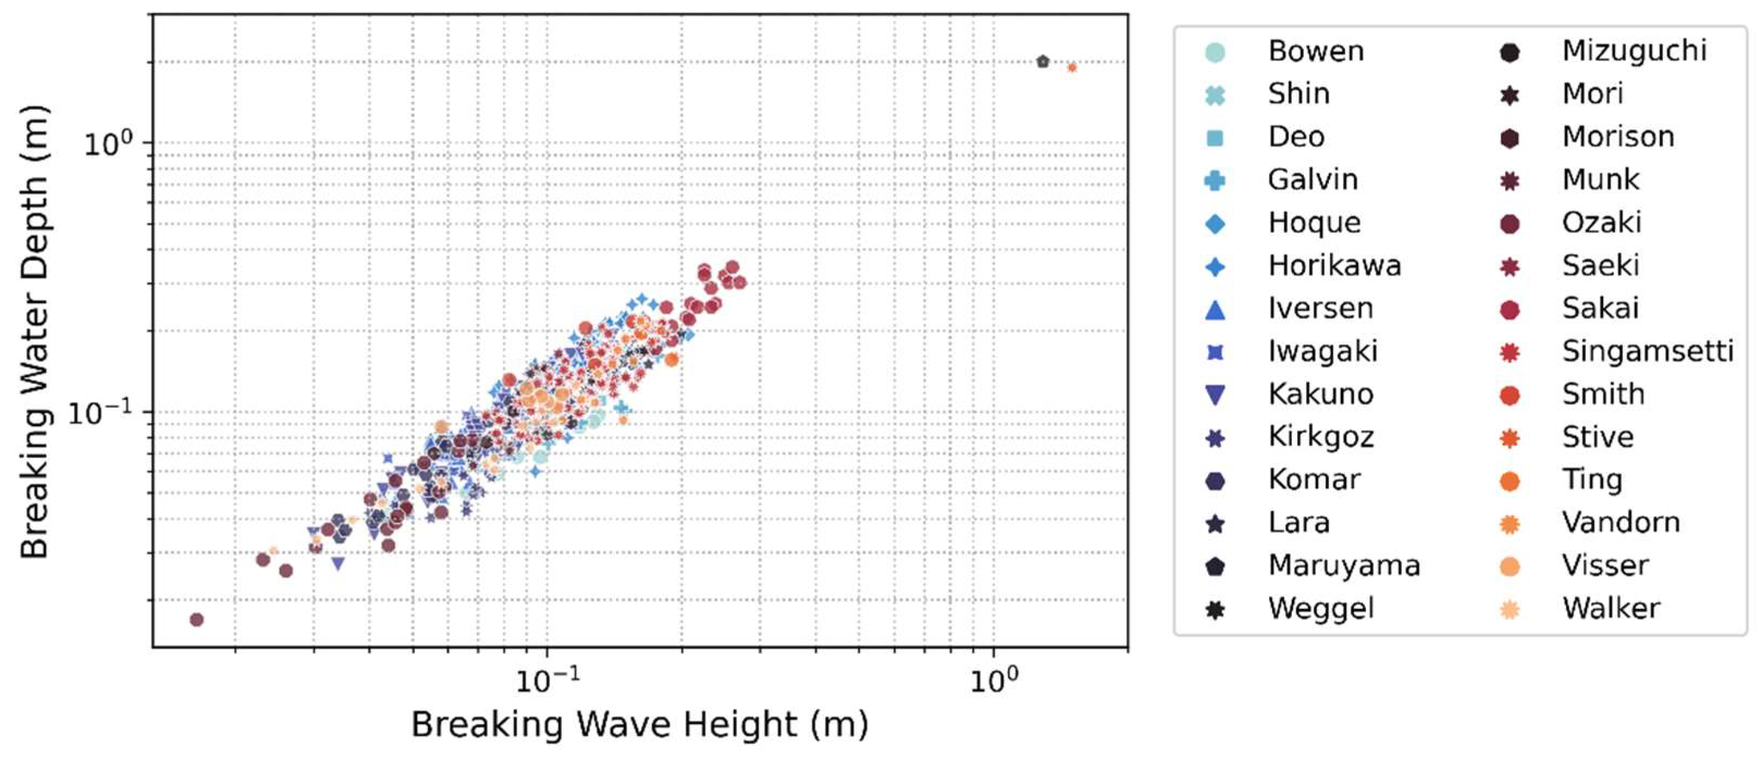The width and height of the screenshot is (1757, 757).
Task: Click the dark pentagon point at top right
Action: (1042, 62)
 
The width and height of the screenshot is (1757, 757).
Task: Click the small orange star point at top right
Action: (1072, 67)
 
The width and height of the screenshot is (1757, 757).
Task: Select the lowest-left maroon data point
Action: (196, 619)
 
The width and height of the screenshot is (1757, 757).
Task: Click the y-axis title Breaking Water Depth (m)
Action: (34, 332)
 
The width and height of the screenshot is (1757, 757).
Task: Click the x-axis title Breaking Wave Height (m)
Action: (639, 724)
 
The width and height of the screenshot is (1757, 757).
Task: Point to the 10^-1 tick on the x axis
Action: (547, 647)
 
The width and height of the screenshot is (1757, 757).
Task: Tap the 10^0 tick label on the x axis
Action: (994, 680)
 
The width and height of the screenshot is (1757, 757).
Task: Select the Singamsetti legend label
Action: (1647, 352)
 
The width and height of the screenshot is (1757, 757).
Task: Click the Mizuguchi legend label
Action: (1634, 51)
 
